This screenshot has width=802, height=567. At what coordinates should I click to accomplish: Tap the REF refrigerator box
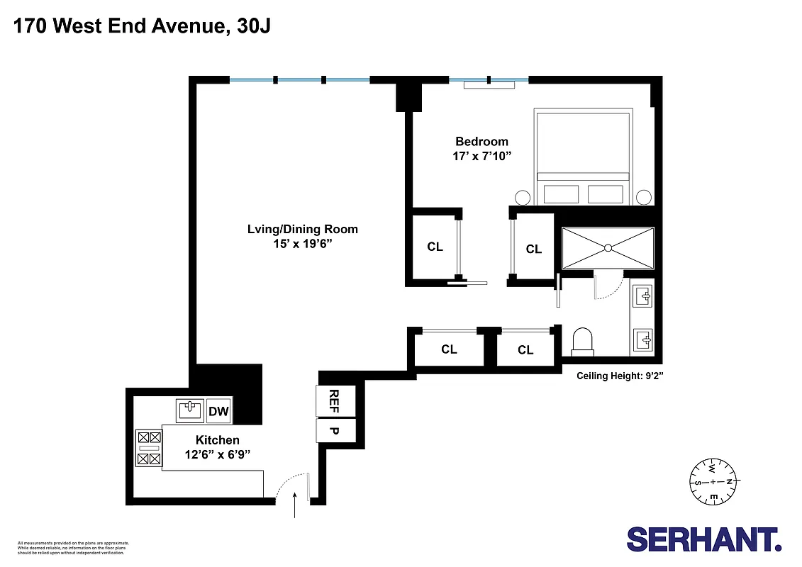click(328, 402)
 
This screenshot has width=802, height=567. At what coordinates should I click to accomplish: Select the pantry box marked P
click(328, 431)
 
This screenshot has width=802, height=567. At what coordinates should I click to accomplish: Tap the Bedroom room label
click(481, 141)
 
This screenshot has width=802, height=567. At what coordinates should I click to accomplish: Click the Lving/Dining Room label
click(302, 229)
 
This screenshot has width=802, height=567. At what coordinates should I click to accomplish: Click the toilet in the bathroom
click(582, 340)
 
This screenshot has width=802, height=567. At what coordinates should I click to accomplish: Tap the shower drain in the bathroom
click(608, 247)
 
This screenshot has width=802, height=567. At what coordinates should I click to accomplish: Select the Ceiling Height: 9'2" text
click(619, 376)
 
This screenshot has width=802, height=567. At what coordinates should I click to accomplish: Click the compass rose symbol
click(713, 483)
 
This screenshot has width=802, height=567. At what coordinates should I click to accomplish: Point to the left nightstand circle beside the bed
click(522, 198)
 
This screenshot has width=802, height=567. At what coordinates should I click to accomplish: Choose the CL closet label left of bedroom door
click(435, 247)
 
